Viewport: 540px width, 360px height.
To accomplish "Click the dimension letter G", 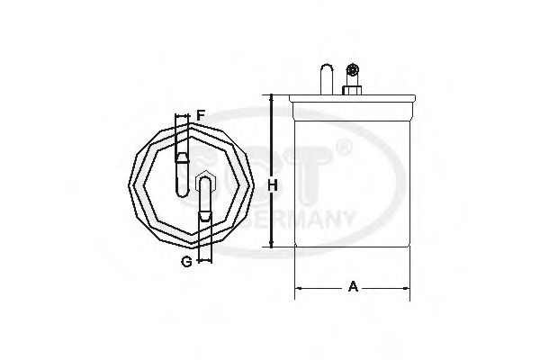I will [x=186, y=261].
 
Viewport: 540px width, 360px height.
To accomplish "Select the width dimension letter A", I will [x=354, y=287].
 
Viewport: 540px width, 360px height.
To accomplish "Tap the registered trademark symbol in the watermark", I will [x=341, y=144].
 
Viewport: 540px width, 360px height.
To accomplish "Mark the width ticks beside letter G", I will [x=206, y=262].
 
